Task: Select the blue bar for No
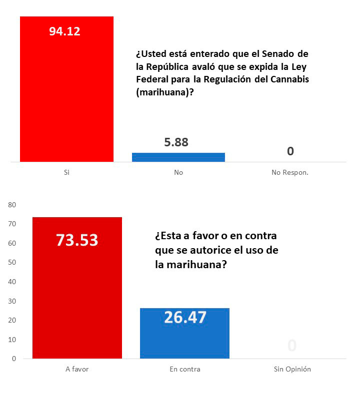(178, 157)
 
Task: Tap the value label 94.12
(64, 31)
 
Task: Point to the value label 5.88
(176, 142)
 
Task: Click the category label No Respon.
(289, 172)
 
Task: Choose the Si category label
(66, 172)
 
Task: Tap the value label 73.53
(77, 240)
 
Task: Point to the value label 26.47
(184, 317)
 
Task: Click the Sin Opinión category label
(292, 370)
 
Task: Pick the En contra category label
(184, 370)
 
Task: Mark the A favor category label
(77, 370)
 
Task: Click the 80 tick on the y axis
(12, 205)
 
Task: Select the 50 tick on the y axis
(12, 263)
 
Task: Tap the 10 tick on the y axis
(12, 340)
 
